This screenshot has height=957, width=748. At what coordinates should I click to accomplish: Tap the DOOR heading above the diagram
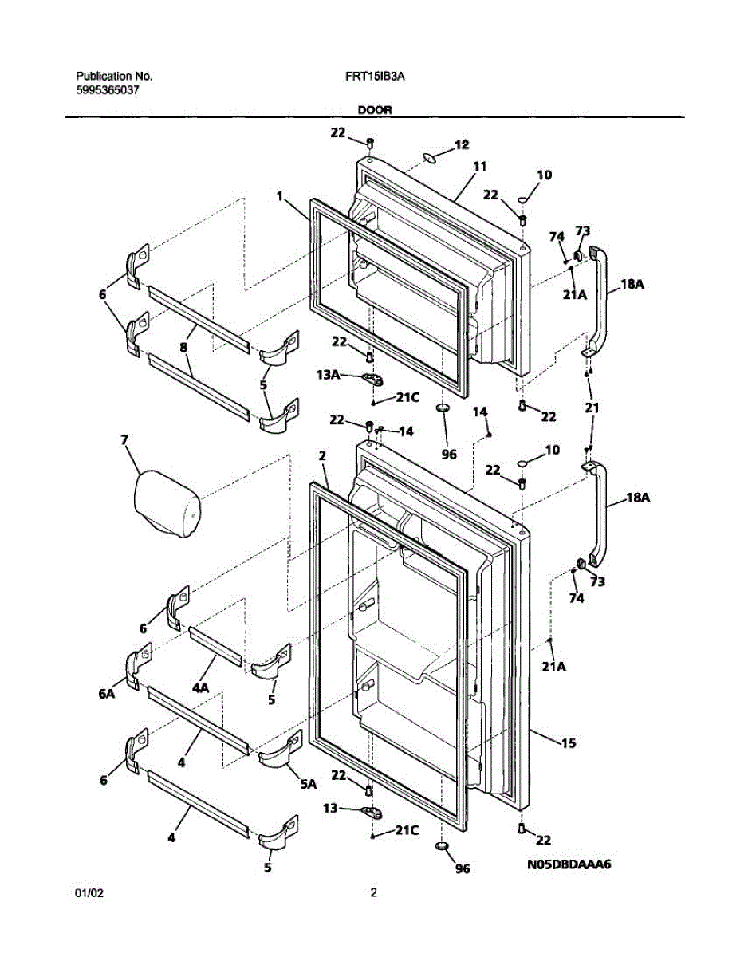pos(374,111)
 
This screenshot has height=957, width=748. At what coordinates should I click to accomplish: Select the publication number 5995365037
pos(108,90)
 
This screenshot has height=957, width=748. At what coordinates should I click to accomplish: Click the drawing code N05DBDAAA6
pos(568,864)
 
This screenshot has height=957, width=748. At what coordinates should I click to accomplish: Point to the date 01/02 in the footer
pos(89,893)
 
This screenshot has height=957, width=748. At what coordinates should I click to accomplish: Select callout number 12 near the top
pos(462,144)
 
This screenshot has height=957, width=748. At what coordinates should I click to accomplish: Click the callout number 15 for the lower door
pos(569,743)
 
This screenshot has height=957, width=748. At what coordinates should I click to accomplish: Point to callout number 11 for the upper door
pos(479,167)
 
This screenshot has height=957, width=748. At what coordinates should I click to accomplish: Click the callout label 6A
pos(107,694)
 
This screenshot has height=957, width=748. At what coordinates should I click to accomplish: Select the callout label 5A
pos(308,783)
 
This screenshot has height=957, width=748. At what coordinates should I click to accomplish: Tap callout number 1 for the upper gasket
pos(280,195)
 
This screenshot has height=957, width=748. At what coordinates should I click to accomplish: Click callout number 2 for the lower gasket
pos(321,456)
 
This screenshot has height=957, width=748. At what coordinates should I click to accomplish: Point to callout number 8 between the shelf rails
pos(184,348)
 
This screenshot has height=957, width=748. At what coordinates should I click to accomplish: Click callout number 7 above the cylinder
pos(124,439)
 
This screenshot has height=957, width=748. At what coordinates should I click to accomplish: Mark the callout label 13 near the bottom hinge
pos(330,808)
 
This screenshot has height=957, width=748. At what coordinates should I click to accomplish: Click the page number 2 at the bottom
pos(373,893)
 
